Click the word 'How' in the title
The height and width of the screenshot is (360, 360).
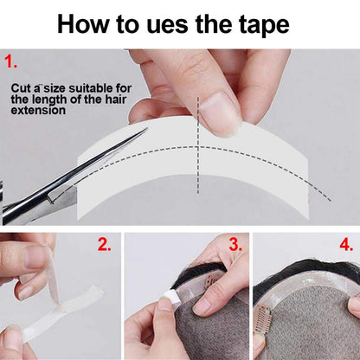pos(82,24)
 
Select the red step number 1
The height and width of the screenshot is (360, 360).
pos(10,61)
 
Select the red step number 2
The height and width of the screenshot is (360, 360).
pos(104,245)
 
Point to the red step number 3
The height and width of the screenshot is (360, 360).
pos(235,245)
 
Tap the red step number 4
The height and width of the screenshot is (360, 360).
pos(346,245)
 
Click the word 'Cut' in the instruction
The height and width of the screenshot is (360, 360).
pos(21,88)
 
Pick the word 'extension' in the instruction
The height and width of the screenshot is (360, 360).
pos(38,111)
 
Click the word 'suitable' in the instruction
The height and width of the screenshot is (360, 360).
pos(91,88)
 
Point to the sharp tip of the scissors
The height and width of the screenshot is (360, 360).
pos(147,129)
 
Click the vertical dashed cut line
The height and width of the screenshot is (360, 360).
pos(198,145)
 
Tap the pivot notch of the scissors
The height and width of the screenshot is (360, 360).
pos(52,198)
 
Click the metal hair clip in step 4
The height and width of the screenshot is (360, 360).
pos(262,318)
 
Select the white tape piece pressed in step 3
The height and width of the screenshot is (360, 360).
pos(170,295)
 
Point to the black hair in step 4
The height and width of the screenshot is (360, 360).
pos(305,270)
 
